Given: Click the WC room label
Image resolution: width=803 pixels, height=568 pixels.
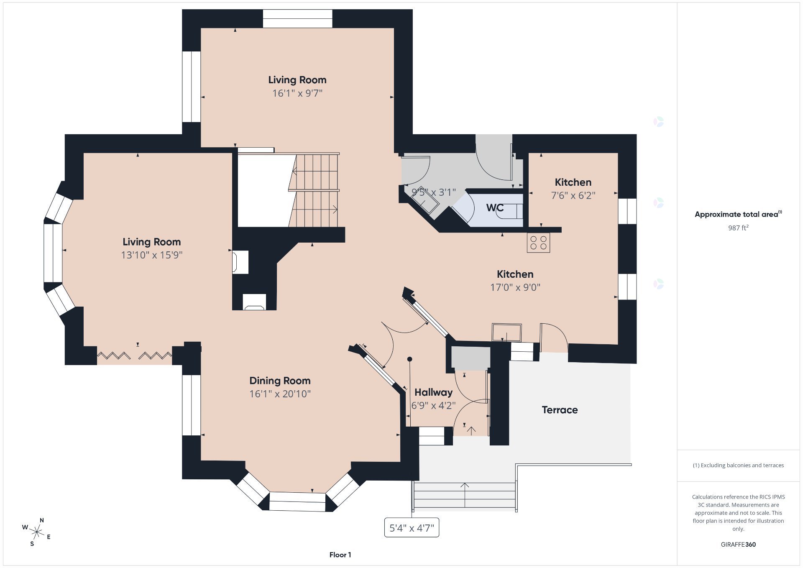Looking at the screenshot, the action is (495, 207).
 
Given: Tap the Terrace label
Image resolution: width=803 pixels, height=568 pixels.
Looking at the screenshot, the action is (560, 410).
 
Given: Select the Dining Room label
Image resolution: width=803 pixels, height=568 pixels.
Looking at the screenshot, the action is (280, 381).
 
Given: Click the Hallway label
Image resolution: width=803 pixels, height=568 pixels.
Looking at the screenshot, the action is (433, 392).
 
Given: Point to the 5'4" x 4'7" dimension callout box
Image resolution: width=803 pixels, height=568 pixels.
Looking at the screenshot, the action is (412, 528).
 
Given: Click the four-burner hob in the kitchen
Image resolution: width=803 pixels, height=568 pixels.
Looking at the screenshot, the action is (538, 243).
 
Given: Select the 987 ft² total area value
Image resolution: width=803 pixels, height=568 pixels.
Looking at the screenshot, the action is (738, 228).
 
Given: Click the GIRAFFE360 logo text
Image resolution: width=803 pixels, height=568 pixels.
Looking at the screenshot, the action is (738, 545).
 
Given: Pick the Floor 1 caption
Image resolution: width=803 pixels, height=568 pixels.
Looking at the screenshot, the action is (340, 555).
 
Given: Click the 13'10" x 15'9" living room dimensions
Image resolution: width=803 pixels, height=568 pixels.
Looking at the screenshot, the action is (152, 255).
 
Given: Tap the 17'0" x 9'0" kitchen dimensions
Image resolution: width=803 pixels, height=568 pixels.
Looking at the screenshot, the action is (515, 287).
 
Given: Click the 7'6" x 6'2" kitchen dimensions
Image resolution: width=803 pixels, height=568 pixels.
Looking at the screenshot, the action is (573, 195).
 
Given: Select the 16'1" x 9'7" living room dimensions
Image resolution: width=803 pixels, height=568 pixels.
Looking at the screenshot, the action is (297, 93).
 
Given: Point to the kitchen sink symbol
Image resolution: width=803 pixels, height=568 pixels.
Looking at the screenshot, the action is (506, 333).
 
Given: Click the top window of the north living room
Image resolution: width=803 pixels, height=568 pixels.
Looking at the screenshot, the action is (297, 18).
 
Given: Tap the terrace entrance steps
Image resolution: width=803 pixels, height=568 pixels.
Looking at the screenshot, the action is (464, 496).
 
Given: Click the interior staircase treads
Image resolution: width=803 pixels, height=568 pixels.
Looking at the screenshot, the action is (314, 190).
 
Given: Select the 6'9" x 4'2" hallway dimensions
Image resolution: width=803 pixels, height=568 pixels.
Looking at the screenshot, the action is (433, 406).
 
